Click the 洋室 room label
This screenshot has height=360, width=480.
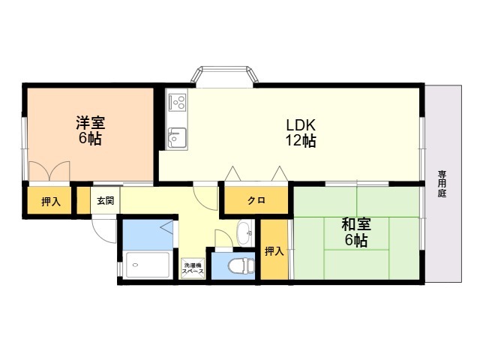(x=91, y=123)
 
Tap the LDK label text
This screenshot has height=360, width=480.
(x=301, y=125)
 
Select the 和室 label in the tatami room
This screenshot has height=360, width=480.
(x=356, y=224)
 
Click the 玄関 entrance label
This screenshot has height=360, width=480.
(x=106, y=201)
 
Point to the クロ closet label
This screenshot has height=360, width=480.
(x=256, y=201)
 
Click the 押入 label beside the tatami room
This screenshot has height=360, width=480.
(x=274, y=252)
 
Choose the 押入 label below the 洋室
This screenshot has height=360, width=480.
(x=51, y=202)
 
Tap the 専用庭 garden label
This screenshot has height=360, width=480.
(x=442, y=184)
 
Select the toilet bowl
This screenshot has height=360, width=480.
(x=241, y=265)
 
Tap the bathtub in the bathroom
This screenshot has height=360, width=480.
(x=148, y=265)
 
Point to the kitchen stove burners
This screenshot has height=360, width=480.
(x=177, y=102)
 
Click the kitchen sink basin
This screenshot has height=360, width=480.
(x=177, y=138)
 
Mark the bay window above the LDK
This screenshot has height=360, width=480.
(x=224, y=74)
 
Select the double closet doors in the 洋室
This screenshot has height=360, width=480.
(x=49, y=171)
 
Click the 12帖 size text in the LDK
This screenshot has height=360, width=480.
(x=301, y=141)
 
